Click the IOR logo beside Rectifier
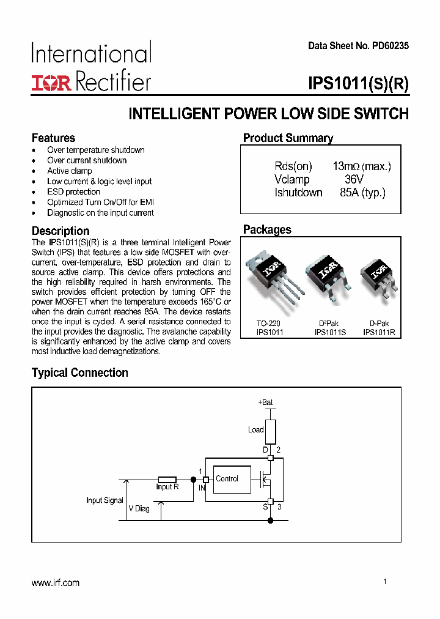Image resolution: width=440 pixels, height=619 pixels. pyautogui.click(x=51, y=83)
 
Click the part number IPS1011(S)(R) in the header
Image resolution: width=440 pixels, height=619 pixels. pyautogui.click(x=359, y=84)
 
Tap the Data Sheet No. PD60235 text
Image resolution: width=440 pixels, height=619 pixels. pyautogui.click(x=358, y=46)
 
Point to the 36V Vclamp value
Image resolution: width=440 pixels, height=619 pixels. pyautogui.click(x=354, y=180)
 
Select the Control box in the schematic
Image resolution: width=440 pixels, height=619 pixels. pyautogui.click(x=227, y=479)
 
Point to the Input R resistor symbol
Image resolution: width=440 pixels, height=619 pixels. pyautogui.click(x=167, y=480)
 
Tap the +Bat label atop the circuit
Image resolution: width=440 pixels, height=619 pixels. pyautogui.click(x=265, y=402)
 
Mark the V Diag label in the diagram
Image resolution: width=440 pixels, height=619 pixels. pyautogui.click(x=139, y=509)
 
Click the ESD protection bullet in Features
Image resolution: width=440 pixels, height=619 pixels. pyautogui.click(x=73, y=192)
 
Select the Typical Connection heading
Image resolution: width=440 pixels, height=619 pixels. pyautogui.click(x=80, y=373)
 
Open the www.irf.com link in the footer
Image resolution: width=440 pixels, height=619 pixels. pyautogui.click(x=56, y=583)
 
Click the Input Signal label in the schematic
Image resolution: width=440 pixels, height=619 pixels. pyautogui.click(x=105, y=500)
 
